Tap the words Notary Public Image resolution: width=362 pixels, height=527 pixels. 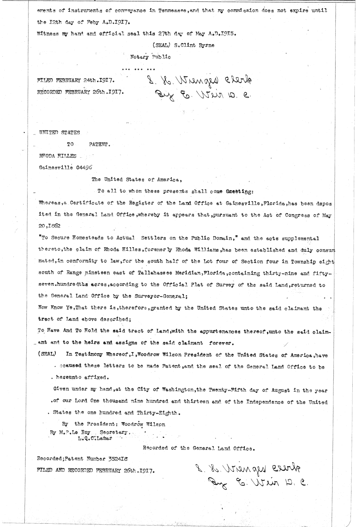[150, 57]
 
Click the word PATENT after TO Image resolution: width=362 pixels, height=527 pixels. [100, 144]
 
